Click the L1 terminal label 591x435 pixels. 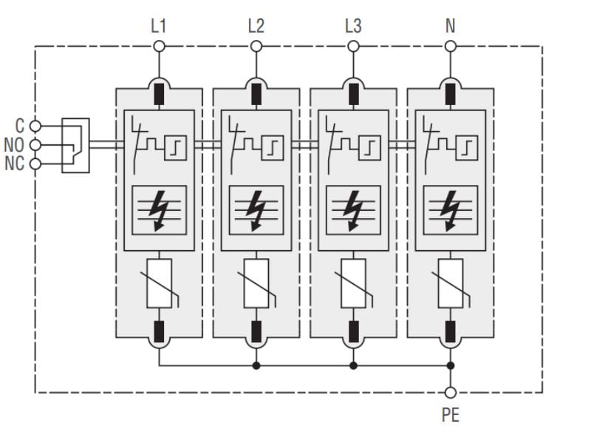pyautogui.click(x=158, y=27)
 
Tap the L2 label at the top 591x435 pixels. pyautogui.click(x=256, y=27)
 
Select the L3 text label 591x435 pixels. pyautogui.click(x=353, y=27)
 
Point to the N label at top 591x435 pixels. pyautogui.click(x=450, y=27)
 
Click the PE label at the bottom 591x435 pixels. pyautogui.click(x=450, y=414)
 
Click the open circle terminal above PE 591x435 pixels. pyautogui.click(x=450, y=393)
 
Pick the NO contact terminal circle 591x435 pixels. pyautogui.click(x=34, y=145)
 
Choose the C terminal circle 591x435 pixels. pyautogui.click(x=34, y=127)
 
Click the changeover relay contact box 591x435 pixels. pyautogui.click(x=75, y=145)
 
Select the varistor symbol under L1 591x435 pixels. pyautogui.click(x=159, y=283)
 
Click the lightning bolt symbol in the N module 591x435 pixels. pyautogui.click(x=450, y=209)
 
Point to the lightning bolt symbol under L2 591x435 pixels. pyautogui.click(x=256, y=209)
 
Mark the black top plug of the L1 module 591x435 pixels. pyautogui.click(x=159, y=95)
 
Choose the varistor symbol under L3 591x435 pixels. pyautogui.click(x=353, y=283)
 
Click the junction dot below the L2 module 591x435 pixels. pyautogui.click(x=256, y=365)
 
